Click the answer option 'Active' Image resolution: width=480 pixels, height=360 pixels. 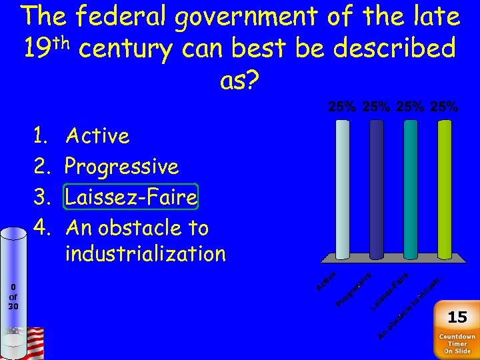(97, 136)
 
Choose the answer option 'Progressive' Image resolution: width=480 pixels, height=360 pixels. (122, 167)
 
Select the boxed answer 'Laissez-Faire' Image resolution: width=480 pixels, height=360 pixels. (131, 197)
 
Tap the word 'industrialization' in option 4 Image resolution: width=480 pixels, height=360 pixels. (145, 253)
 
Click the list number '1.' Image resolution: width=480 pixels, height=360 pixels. (42, 136)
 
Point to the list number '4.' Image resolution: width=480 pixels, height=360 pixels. (42, 228)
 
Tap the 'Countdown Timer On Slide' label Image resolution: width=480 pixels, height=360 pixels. (457, 344)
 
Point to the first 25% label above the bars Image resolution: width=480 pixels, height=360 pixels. (341, 107)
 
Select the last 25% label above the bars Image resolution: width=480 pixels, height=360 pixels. (444, 107)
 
